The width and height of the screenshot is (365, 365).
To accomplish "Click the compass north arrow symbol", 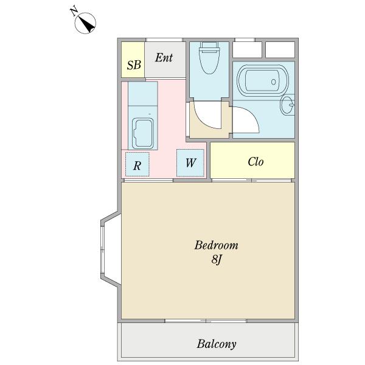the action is pos(85,23).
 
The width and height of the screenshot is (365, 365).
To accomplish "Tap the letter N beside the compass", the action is pos(74,12).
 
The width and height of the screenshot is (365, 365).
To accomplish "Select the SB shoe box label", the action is pos(134,65).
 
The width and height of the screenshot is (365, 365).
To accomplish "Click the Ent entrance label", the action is pos(164,58).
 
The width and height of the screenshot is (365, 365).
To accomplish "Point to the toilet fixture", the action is pos(209,58).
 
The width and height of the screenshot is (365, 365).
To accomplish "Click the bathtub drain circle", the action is pos(274,82).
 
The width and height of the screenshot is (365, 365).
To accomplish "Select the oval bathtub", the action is pos(263,80).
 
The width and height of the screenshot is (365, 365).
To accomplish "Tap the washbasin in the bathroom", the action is pos(287,105).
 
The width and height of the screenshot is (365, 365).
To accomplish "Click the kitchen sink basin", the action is pos(143,133).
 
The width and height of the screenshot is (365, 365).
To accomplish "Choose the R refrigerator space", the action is pos(137,164).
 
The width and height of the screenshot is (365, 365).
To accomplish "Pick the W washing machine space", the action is pos(190,163).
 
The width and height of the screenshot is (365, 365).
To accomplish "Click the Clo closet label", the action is pos(255,162).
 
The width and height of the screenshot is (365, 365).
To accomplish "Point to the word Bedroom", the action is pos(216,245).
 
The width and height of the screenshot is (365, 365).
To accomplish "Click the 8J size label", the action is pos(216,259).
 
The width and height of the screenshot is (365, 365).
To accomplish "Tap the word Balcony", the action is pos(217,344).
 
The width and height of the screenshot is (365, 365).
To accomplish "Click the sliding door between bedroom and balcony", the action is pos(206,321).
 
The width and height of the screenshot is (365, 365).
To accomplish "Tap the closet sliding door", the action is pos(252,181).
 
